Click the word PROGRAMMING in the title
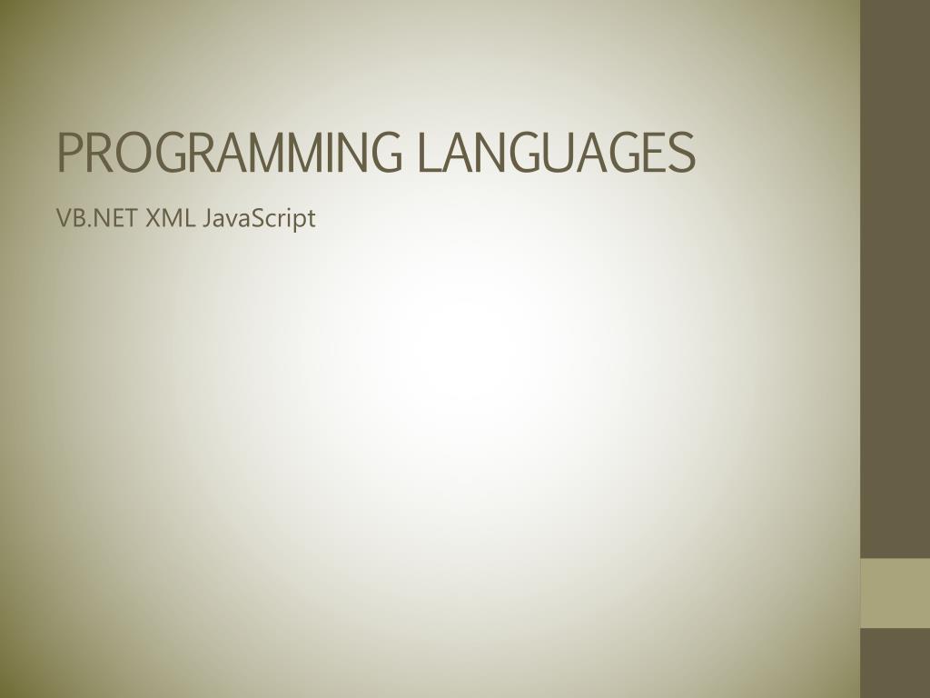(x=230, y=153)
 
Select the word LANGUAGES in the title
(x=557, y=153)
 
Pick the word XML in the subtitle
(x=170, y=218)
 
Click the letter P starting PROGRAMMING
(x=70, y=153)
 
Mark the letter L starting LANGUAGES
(x=430, y=153)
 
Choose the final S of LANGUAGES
(x=681, y=153)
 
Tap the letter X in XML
(x=153, y=218)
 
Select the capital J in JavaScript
(x=207, y=219)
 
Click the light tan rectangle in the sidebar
(x=895, y=593)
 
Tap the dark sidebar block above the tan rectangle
(x=895, y=279)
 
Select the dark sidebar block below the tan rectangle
(x=895, y=663)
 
